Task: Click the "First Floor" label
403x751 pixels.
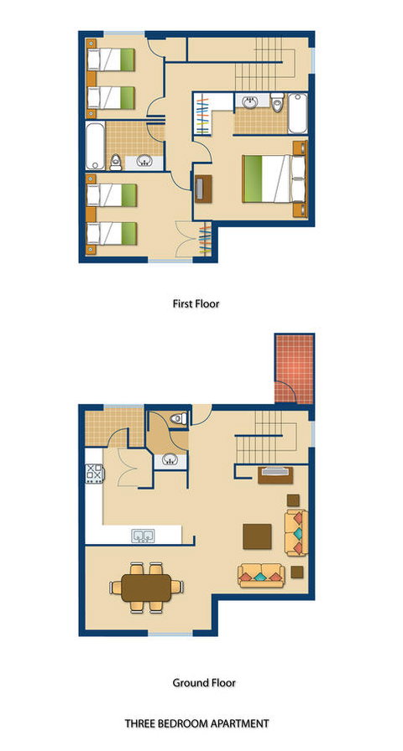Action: (x=196, y=303)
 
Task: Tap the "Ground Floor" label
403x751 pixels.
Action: (x=204, y=682)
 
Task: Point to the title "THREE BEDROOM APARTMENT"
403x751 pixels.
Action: (x=196, y=723)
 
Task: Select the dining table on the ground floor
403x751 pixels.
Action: (x=146, y=588)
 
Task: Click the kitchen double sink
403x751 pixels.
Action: (x=144, y=536)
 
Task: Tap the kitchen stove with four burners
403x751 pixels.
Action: (x=95, y=474)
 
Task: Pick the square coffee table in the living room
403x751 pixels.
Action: (x=257, y=536)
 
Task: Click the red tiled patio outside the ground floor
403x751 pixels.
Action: (x=295, y=370)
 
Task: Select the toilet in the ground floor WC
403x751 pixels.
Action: (x=179, y=419)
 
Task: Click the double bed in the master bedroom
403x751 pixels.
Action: (x=275, y=179)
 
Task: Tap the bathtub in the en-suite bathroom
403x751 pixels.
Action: (x=297, y=113)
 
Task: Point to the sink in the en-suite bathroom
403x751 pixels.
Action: (x=249, y=102)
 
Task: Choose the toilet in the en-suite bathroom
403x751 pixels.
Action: (x=277, y=102)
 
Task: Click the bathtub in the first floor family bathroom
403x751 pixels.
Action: (x=95, y=146)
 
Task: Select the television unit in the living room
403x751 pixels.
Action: (x=275, y=474)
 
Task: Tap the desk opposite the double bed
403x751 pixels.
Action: (x=203, y=187)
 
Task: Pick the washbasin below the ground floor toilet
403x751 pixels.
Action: (x=170, y=460)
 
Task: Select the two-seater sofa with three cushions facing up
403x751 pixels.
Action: (x=261, y=575)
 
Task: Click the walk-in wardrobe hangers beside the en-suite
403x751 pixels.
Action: (x=203, y=114)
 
